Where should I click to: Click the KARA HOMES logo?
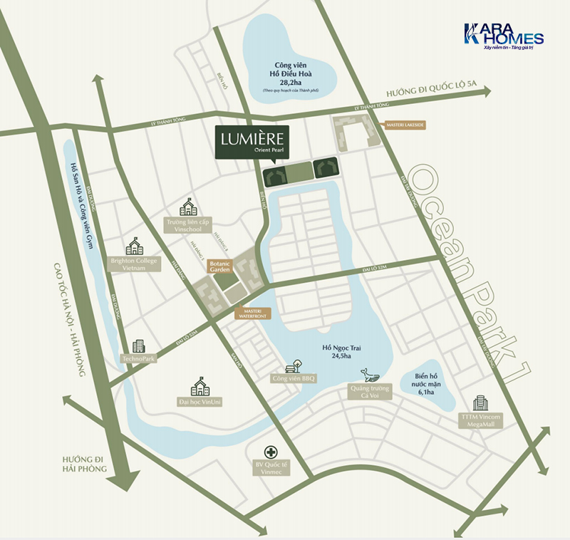[503, 37]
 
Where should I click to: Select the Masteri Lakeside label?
[405, 125]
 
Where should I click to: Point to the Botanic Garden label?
[219, 267]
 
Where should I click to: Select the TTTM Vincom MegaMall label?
[481, 420]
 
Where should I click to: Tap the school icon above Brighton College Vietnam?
[133, 246]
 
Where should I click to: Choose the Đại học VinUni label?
[199, 403]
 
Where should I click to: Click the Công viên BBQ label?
[293, 378]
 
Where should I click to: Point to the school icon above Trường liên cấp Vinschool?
[189, 207]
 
